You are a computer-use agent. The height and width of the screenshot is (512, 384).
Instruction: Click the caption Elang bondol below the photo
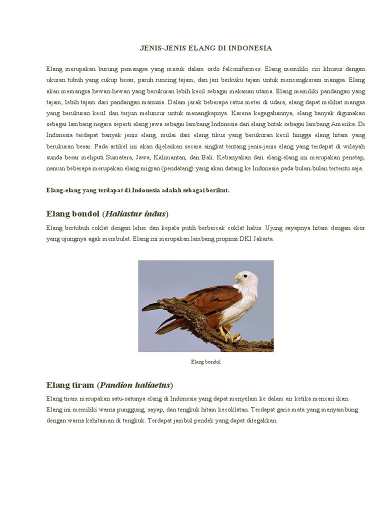click(205, 361)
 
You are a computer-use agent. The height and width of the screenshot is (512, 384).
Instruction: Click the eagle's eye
click(244, 274)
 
